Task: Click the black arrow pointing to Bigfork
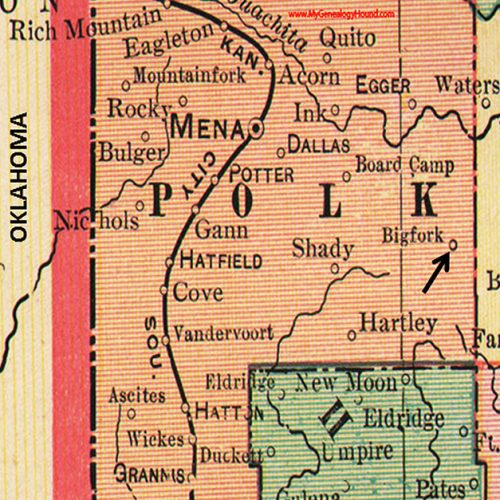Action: [434, 272]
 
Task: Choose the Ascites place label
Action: [137, 395]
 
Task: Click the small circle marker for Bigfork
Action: [453, 242]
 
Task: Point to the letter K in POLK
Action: [424, 201]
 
